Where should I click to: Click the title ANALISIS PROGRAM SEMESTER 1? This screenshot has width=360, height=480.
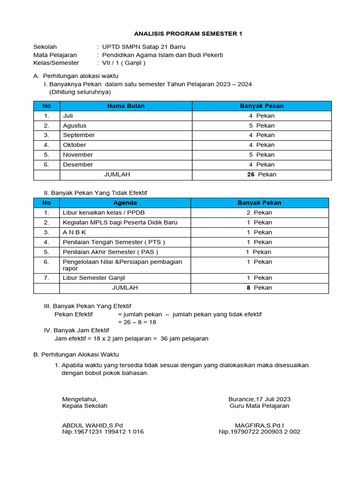(188, 34)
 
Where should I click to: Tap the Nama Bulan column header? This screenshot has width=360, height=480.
(126, 106)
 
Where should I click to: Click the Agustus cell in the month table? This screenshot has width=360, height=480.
(75, 126)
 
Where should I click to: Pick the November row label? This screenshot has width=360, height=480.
(78, 155)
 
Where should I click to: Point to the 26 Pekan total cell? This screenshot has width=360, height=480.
(262, 174)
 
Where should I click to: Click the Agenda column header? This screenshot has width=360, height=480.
(125, 203)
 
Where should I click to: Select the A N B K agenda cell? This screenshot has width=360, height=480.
(75, 232)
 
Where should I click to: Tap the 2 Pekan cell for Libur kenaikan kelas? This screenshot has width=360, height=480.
(259, 213)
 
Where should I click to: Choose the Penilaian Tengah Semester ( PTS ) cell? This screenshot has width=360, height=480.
(114, 242)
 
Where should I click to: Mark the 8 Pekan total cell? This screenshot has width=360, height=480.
(259, 288)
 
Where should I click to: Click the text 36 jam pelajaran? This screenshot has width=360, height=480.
(184, 338)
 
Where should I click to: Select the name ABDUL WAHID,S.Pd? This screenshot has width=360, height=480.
(92, 425)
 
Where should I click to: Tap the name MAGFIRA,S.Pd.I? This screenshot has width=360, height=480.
(259, 425)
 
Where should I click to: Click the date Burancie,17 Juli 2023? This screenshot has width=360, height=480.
(259, 399)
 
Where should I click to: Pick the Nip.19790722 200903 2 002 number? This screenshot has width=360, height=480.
(259, 432)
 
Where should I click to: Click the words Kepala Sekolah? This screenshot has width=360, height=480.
(85, 406)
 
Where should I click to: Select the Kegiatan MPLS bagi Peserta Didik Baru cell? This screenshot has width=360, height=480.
(120, 223)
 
